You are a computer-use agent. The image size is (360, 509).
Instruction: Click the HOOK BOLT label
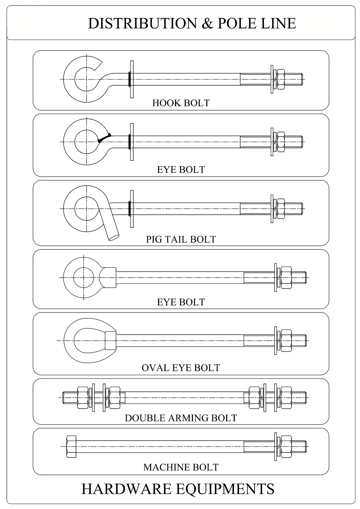coord(181,103)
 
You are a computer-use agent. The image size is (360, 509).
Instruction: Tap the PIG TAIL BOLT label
coord(181,239)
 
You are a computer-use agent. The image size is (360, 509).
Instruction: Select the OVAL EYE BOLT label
coord(181,368)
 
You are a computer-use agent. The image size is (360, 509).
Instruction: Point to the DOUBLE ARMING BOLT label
coord(181,418)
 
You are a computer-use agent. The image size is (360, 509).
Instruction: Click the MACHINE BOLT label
coord(181,467)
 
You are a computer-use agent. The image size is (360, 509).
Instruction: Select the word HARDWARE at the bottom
coord(126,489)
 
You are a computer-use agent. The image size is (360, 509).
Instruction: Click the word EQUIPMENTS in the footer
coord(225,489)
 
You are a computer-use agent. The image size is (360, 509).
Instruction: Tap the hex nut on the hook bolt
coord(281,79)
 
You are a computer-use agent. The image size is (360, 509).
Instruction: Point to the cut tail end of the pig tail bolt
coord(114,237)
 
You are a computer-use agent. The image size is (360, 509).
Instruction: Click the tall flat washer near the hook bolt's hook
coord(132,79)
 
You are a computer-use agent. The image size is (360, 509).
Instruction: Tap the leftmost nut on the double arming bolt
coord(83,397)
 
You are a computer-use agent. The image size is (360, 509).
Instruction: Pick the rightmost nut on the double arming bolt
coord(286,397)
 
